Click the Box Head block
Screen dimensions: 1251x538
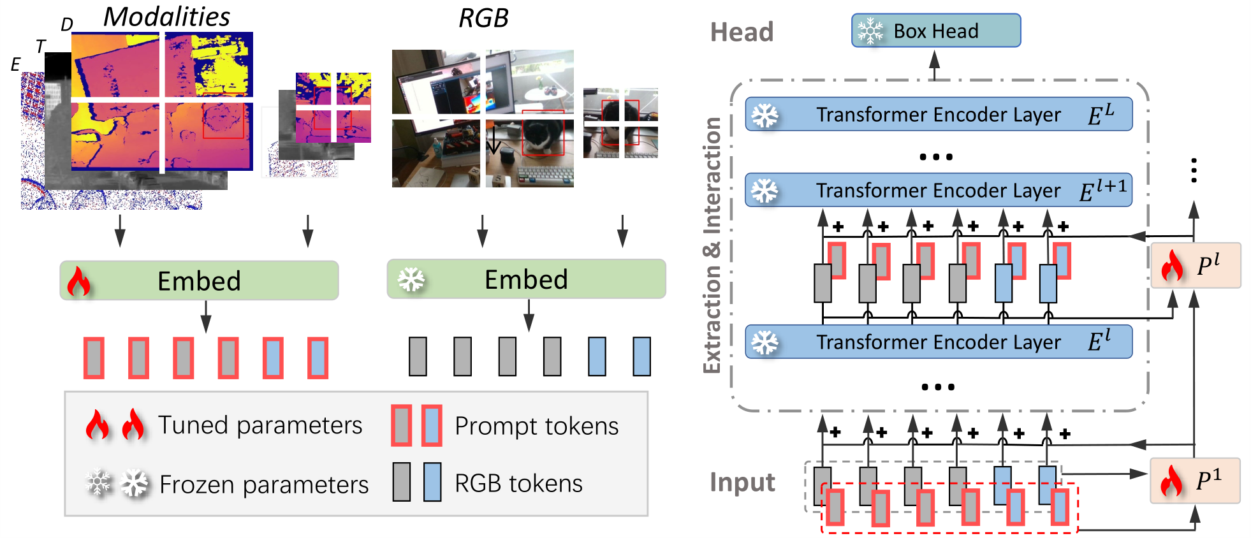(935, 31)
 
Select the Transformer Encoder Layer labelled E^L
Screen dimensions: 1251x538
(939, 114)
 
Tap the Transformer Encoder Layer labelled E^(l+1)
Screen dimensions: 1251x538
(939, 190)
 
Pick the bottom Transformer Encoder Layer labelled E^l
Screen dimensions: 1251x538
(939, 342)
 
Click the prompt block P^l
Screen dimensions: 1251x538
(1196, 265)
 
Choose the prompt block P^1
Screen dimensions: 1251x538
(1196, 481)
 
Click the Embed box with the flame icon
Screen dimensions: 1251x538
(199, 280)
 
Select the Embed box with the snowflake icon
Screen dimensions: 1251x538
(526, 279)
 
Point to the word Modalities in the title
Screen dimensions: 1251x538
(166, 17)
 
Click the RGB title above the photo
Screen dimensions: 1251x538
(483, 18)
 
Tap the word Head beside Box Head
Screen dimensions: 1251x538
(742, 32)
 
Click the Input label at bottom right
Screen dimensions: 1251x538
(742, 483)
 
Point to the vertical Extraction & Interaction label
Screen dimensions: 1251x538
(712, 245)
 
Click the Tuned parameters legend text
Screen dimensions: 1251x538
(260, 425)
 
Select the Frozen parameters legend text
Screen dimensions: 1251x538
(264, 484)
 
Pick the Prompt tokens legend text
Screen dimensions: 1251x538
(536, 426)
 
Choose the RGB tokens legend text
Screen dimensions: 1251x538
(518, 483)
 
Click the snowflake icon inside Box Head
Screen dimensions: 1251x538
(870, 31)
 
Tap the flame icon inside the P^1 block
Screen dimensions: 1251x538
(1172, 481)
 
